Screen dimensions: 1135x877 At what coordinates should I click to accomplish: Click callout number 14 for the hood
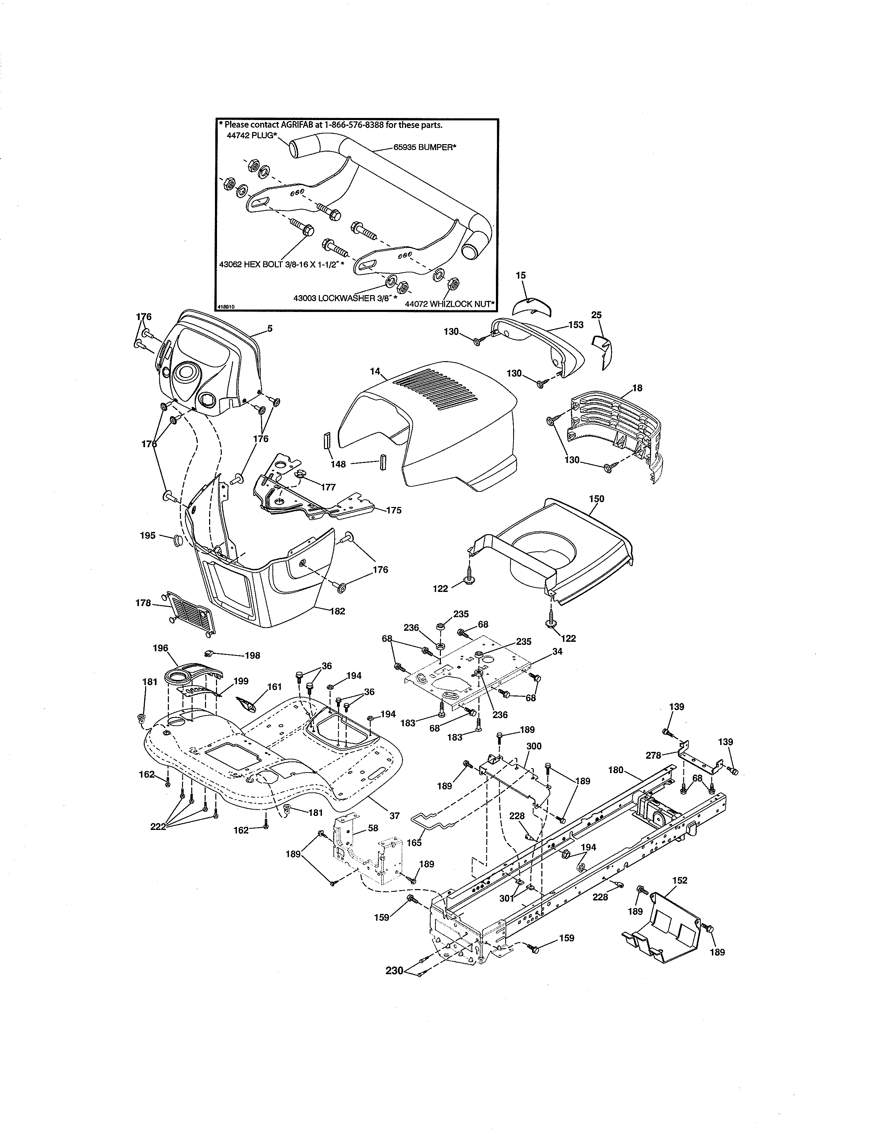(375, 371)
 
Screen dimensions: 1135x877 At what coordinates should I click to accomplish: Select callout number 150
(596, 498)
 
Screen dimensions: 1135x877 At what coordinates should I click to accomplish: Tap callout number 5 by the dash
(270, 328)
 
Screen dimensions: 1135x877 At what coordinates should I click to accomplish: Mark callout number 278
(653, 755)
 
